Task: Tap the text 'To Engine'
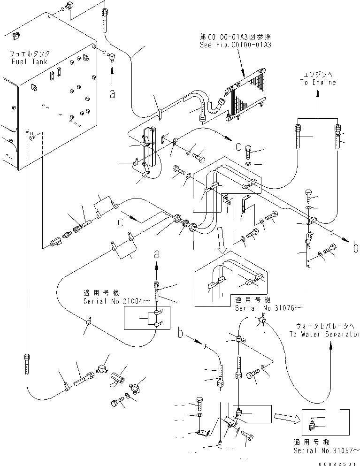tap(318, 83)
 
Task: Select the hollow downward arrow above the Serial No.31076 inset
tap(221, 244)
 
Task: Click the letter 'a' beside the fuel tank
tap(112, 93)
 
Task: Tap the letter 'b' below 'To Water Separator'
tap(180, 334)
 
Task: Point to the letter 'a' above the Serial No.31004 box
tap(157, 255)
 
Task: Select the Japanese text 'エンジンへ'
tap(318, 75)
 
